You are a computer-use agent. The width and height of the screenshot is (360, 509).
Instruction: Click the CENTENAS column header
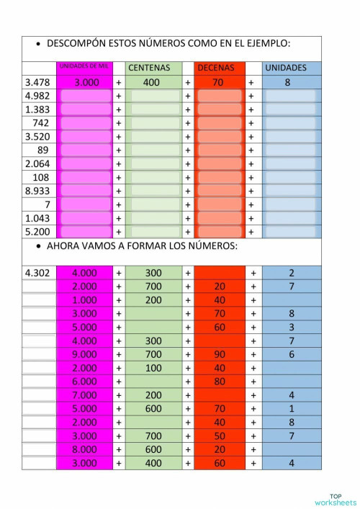pyautogui.click(x=149, y=68)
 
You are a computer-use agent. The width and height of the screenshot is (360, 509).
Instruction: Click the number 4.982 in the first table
pyautogui.click(x=37, y=96)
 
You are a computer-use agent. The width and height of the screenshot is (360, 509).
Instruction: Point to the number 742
pyautogui.click(x=41, y=123)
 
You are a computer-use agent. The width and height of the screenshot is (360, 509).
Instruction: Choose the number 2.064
pyautogui.click(x=37, y=163)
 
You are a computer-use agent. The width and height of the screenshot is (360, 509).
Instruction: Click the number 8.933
pyautogui.click(x=37, y=191)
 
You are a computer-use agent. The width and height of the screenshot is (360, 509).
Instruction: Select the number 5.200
pyautogui.click(x=37, y=232)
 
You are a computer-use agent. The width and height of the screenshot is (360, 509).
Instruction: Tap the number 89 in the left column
pyautogui.click(x=43, y=150)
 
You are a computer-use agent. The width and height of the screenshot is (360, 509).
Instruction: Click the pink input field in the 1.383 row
pyautogui.click(x=86, y=109)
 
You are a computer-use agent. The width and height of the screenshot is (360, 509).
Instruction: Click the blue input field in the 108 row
pyautogui.click(x=290, y=177)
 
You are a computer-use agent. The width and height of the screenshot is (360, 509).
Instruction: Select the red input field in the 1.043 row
pyautogui.click(x=220, y=218)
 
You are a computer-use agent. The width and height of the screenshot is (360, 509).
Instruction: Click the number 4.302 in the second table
pyautogui.click(x=37, y=273)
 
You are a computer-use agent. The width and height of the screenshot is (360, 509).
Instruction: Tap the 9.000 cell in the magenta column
pyautogui.click(x=85, y=354)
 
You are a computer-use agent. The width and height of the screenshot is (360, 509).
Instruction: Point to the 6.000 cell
pyautogui.click(x=85, y=382)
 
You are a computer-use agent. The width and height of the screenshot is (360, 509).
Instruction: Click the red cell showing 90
pyautogui.click(x=220, y=354)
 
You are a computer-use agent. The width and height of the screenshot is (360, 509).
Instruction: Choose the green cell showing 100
pyautogui.click(x=153, y=368)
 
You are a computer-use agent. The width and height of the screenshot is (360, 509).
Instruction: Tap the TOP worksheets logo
pyautogui.click(x=335, y=499)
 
